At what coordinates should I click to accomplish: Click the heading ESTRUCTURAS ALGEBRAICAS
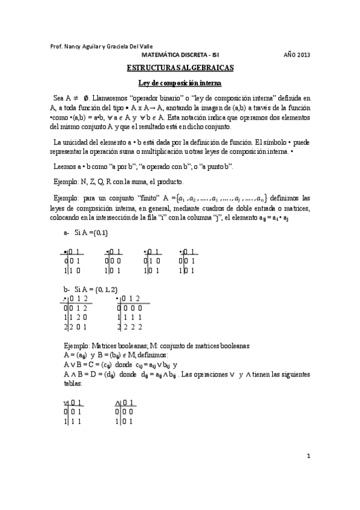click(x=180, y=69)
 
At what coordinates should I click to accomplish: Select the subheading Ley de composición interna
click(x=180, y=82)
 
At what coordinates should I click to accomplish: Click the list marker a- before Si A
click(x=67, y=232)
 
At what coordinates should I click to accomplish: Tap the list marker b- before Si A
click(x=67, y=290)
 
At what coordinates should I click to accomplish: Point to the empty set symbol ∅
click(x=87, y=96)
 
